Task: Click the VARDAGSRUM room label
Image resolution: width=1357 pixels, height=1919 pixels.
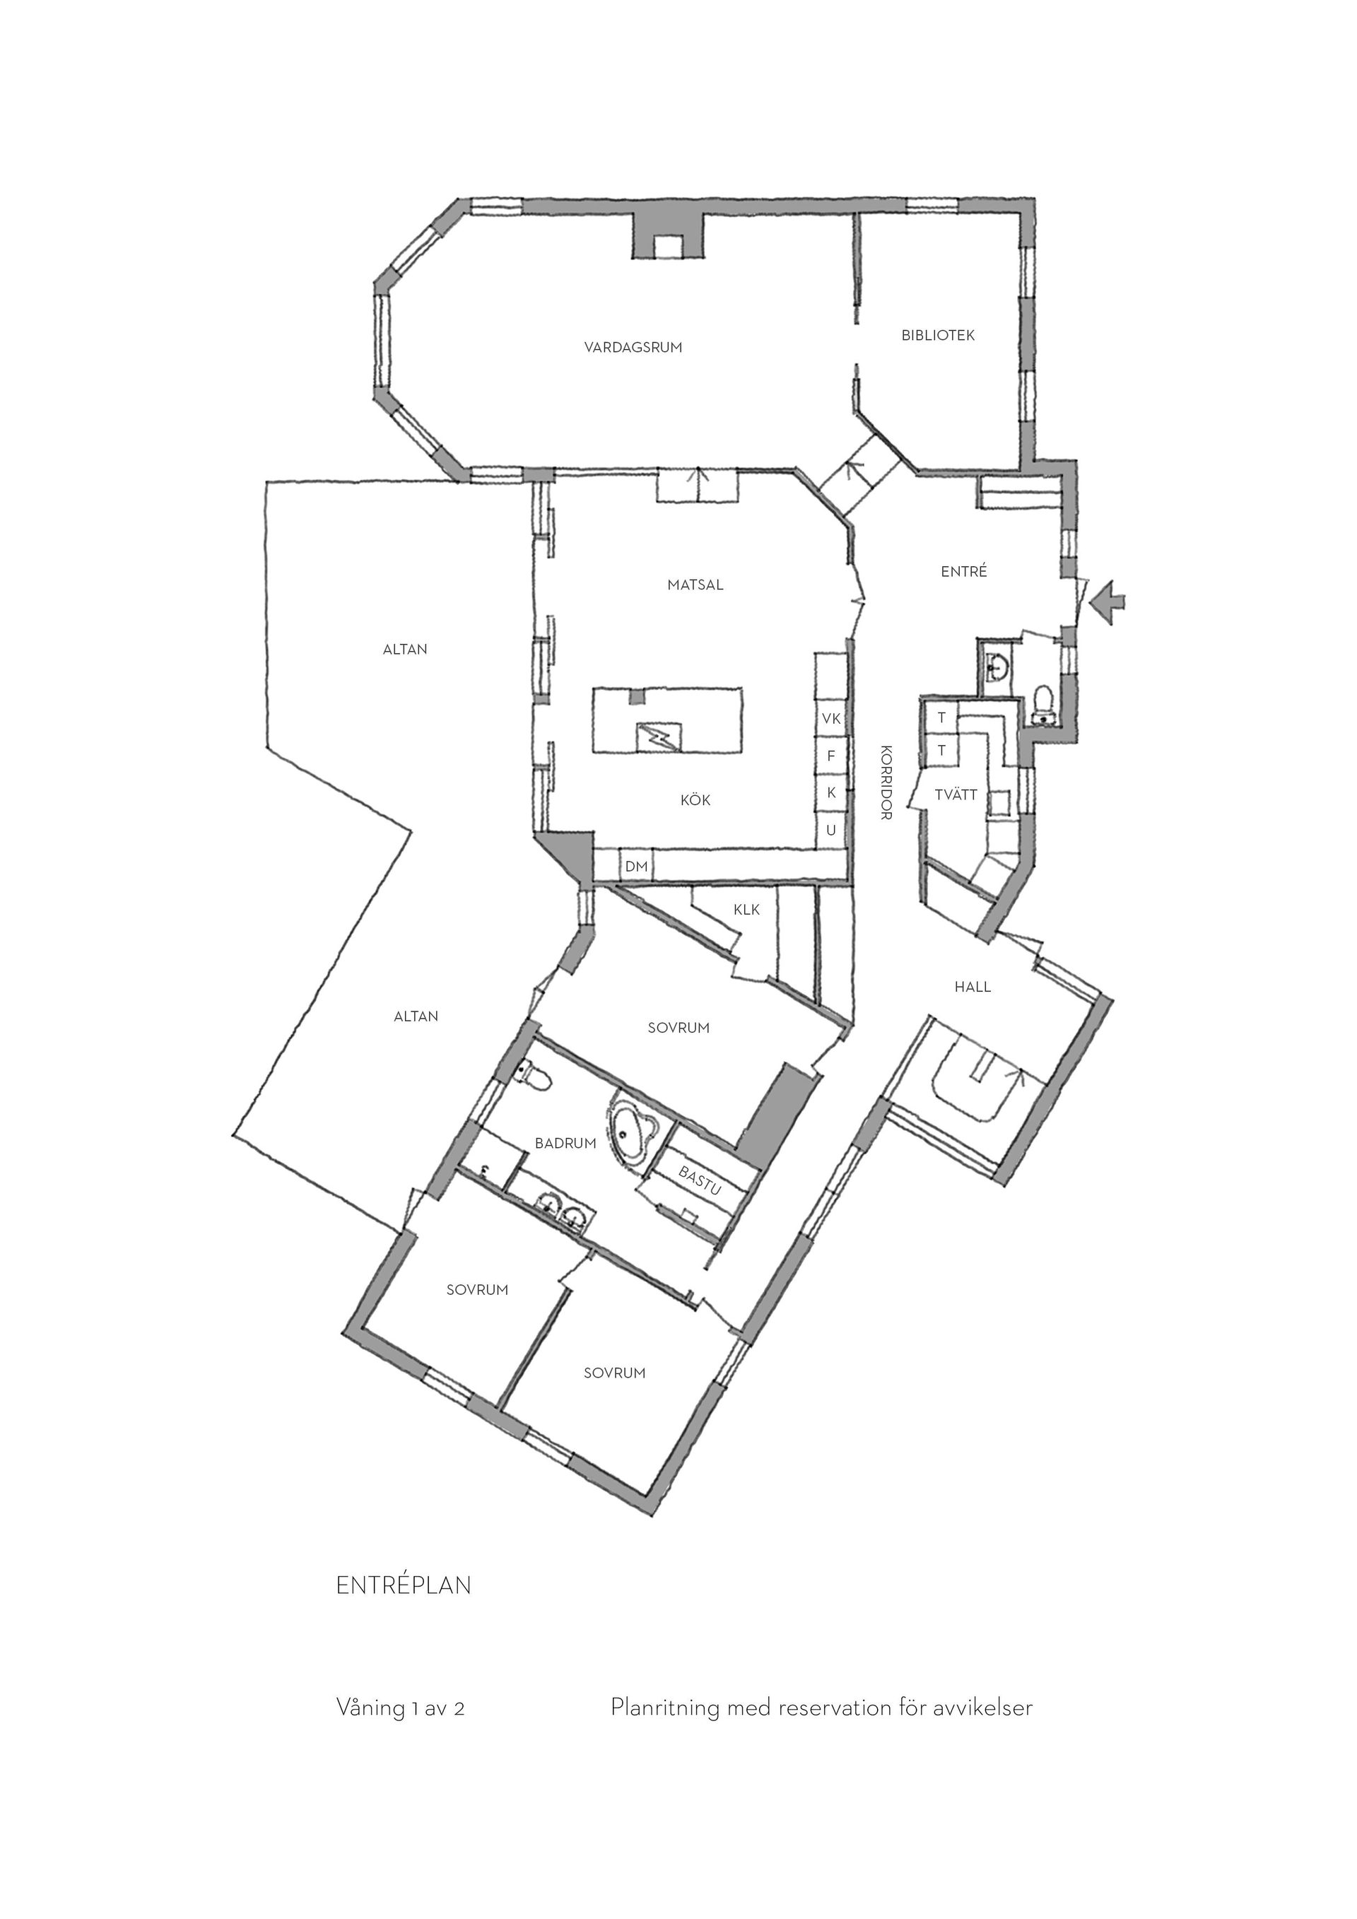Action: click(633, 348)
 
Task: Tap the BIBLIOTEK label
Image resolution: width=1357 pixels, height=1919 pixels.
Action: click(939, 336)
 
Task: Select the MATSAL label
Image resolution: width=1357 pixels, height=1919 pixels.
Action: click(695, 585)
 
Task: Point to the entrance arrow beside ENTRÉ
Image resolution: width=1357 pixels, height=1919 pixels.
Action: click(1108, 600)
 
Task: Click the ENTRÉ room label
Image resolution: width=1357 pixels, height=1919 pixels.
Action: click(964, 572)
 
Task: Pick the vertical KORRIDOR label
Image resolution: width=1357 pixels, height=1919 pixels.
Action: click(886, 782)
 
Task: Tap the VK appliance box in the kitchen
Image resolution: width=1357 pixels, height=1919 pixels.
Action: click(831, 719)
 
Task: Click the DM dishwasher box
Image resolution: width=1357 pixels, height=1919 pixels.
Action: click(637, 867)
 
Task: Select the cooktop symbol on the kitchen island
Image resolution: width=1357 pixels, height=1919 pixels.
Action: click(659, 736)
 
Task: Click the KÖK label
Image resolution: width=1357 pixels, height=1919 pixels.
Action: click(695, 801)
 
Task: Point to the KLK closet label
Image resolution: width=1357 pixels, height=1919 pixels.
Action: click(747, 910)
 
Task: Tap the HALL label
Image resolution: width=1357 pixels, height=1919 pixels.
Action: click(973, 987)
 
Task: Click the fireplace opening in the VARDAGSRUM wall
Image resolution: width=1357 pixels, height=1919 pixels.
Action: click(669, 247)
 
